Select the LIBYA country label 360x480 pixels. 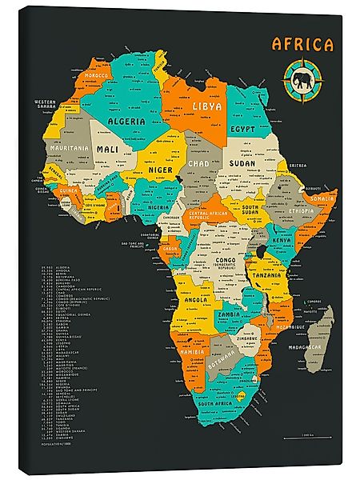coord(206,106)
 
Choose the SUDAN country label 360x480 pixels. coord(242,163)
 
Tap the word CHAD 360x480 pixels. coord(198,163)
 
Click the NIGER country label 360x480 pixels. coord(160,170)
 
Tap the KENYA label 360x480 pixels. coord(282,240)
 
